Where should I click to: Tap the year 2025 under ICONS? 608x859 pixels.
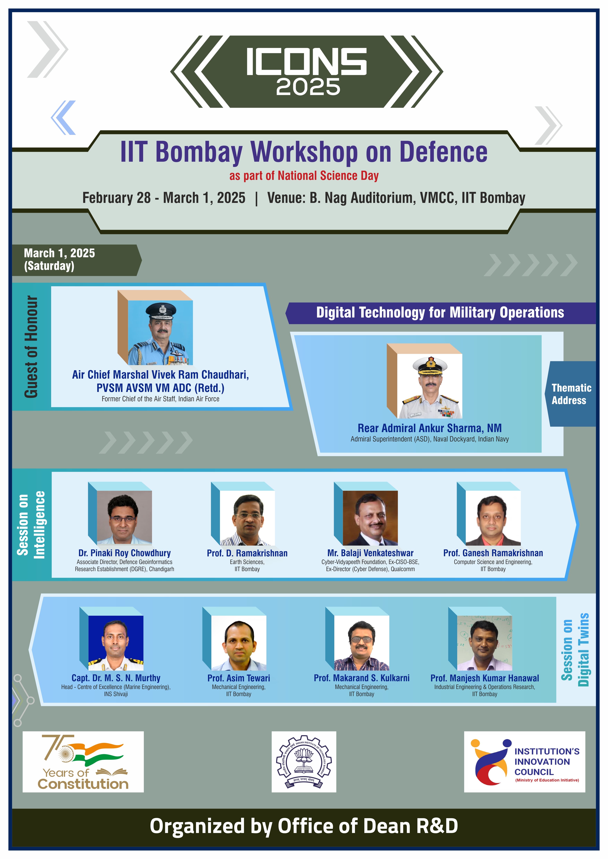click(x=308, y=87)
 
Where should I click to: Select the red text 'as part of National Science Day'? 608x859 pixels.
click(x=304, y=176)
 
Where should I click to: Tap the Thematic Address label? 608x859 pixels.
click(x=571, y=394)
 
